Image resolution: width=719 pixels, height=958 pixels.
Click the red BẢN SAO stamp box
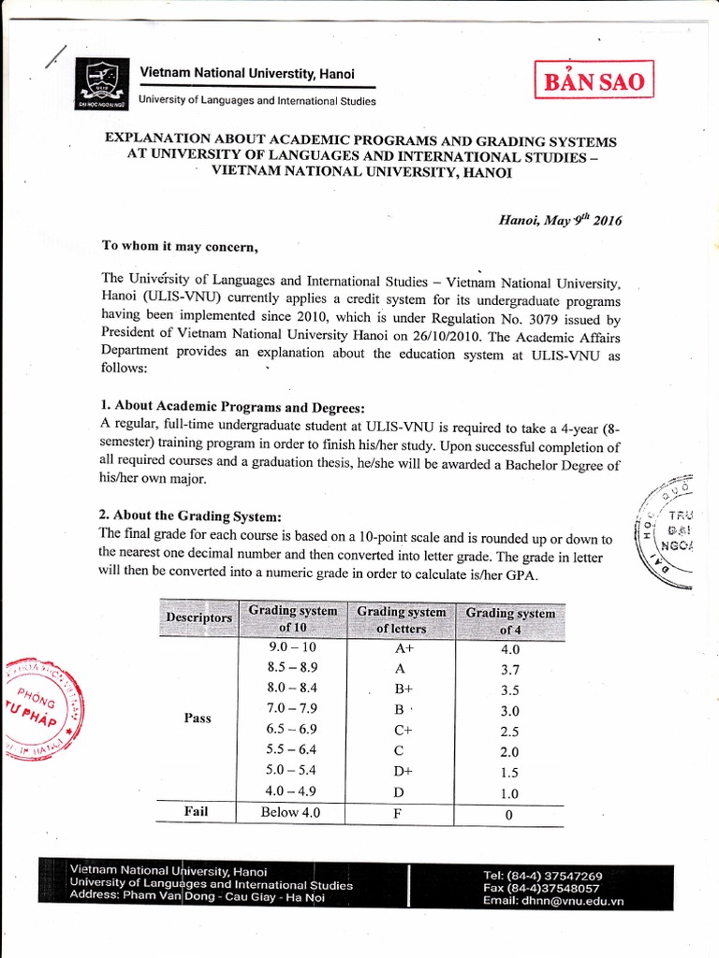coord(591,81)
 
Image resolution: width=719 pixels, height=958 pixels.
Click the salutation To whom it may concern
coord(178,247)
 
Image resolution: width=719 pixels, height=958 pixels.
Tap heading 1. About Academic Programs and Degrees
coord(233,407)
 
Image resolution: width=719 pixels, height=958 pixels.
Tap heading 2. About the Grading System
coord(190,516)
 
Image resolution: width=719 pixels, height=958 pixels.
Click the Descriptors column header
coord(198,618)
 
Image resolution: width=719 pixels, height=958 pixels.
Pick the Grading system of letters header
coord(401,619)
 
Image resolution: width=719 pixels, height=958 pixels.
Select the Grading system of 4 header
coord(510,621)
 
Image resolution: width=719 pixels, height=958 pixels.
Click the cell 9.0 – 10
coord(292,646)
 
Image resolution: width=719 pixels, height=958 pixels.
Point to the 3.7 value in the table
coord(509,670)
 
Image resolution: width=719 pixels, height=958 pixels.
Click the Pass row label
coord(198,718)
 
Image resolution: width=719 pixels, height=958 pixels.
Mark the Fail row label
coord(196,812)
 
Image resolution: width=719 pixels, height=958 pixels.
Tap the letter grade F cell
coord(399,813)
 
